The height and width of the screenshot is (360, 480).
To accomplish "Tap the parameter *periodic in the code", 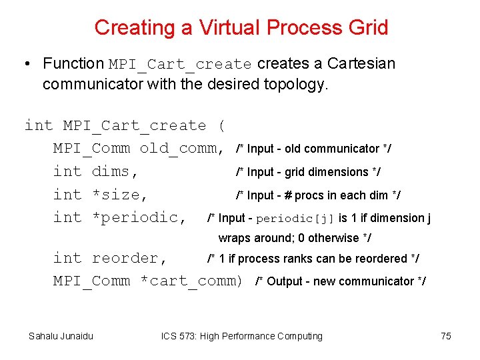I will (139, 217).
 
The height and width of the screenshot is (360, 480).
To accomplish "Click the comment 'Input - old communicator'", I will (315, 149).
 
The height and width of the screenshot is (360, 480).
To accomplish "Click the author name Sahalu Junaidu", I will (61, 336).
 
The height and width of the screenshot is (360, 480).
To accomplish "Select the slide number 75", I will (446, 336).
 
